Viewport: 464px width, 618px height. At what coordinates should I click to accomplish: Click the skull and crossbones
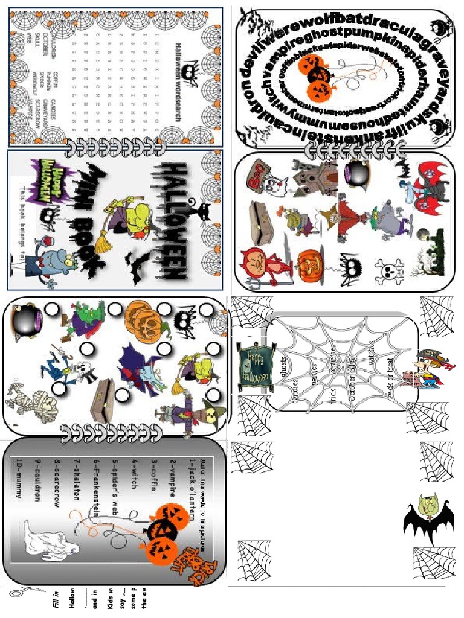pos(388,272)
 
